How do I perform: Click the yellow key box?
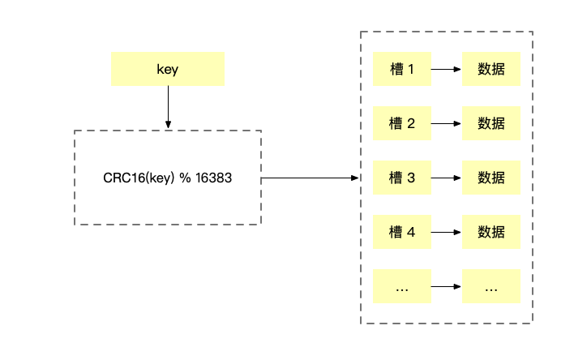[167, 70]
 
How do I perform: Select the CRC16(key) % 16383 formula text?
[167, 178]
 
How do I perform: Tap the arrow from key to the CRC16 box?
[168, 107]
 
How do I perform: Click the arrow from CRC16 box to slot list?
[311, 178]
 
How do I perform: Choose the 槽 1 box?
[401, 70]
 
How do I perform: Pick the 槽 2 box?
[401, 124]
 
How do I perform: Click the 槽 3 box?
[401, 178]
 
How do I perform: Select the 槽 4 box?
[401, 232]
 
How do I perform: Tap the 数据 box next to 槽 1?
[491, 70]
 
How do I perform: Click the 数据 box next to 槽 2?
[491, 124]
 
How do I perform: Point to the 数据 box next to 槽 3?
[491, 178]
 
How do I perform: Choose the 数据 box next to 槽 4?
[491, 232]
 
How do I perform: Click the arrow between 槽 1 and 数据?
[446, 70]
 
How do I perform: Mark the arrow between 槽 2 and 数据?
[446, 124]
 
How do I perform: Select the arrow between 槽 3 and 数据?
[446, 178]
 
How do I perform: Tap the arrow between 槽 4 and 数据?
[446, 232]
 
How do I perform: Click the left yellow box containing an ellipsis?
[401, 286]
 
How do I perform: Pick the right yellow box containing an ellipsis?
[491, 286]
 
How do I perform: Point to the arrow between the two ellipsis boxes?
[446, 286]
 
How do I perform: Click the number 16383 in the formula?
[213, 178]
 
